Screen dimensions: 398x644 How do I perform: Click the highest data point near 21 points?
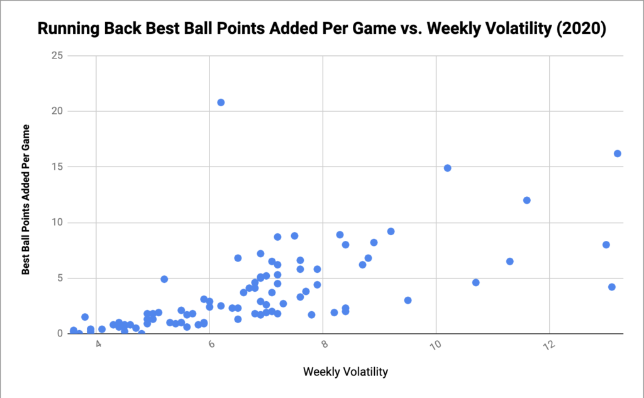(221, 102)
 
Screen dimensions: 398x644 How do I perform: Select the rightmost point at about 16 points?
(618, 153)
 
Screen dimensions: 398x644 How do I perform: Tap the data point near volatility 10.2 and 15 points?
(448, 168)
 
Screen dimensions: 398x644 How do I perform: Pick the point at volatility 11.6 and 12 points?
(527, 200)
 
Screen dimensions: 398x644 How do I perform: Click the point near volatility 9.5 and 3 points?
(408, 300)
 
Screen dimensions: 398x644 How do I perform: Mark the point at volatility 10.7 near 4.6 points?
(476, 282)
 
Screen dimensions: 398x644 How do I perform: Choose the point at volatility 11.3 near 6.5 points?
(510, 261)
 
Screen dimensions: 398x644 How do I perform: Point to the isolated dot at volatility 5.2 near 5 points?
(164, 279)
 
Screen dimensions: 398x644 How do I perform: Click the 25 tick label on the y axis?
(56, 55)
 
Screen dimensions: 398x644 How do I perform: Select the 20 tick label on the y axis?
(56, 111)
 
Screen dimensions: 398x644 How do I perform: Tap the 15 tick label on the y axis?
(56, 167)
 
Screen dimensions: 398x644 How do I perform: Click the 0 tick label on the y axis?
(60, 333)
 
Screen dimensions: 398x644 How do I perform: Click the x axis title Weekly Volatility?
(345, 372)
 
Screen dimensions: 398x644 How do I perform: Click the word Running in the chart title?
(66, 29)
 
